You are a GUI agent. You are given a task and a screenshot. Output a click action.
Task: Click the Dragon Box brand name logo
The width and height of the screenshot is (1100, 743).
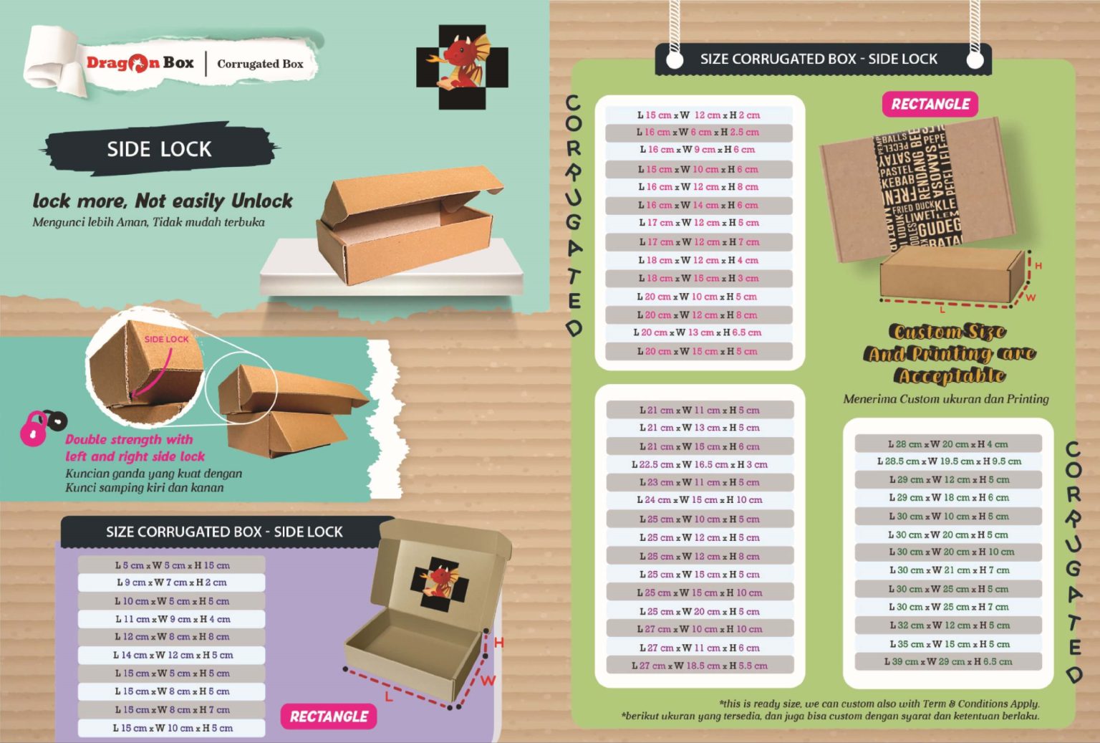coord(140,63)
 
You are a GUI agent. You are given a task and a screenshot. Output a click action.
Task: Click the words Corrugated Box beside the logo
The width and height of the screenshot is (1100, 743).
coord(260,64)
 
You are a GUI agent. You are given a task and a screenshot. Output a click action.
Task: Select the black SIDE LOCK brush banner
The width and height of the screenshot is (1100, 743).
coord(159,149)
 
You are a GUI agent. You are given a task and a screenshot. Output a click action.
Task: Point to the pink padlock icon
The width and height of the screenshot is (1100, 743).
coord(33,428)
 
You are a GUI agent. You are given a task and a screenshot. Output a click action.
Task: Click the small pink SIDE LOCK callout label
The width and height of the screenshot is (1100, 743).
coord(166,339)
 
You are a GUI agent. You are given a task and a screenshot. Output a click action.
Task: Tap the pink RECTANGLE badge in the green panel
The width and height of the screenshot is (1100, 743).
coord(930,105)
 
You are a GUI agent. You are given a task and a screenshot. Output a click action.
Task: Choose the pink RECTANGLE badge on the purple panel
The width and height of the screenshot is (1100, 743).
coord(329,716)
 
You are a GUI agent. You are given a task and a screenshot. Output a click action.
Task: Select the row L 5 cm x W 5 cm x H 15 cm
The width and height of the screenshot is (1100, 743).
coord(172,565)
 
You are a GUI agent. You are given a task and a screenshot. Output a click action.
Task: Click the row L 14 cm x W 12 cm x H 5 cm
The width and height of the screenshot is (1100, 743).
coord(172,655)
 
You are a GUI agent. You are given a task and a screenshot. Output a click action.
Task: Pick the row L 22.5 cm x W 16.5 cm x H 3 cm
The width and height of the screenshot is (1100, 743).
coord(699,464)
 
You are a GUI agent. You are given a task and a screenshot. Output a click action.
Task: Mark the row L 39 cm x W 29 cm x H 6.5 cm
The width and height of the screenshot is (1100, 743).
coord(947,661)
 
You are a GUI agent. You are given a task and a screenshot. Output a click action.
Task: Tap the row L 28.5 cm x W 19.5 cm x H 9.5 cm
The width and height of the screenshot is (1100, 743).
coord(948,461)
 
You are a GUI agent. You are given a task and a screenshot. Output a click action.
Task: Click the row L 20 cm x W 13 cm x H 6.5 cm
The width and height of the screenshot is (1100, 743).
coord(698,332)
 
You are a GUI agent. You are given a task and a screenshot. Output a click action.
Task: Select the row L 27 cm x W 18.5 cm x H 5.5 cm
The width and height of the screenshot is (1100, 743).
coord(699,666)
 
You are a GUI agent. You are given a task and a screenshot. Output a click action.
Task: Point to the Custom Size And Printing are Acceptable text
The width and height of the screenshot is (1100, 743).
coord(948,353)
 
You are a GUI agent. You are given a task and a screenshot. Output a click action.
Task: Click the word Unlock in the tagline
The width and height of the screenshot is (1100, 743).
coord(262,201)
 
